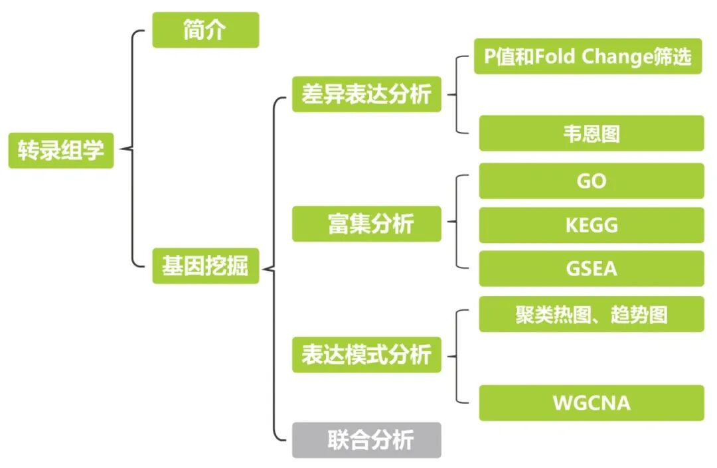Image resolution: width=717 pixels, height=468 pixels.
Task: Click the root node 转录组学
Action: coord(61,150)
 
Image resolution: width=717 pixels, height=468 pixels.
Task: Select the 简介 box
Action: coord(205,30)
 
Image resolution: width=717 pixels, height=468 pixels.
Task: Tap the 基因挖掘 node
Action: coord(205,266)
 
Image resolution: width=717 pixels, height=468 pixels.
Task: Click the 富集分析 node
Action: coord(366,224)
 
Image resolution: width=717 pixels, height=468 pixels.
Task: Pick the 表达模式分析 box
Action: coord(366,354)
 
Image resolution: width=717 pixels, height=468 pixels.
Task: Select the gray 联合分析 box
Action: coord(366,440)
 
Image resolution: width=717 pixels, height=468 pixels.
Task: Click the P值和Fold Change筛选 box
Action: coord(588,56)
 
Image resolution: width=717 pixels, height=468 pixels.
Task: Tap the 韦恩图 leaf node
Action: coord(591,133)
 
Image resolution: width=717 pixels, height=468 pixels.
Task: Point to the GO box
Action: coord(591,181)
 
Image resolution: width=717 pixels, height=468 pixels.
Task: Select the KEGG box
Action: coord(591,225)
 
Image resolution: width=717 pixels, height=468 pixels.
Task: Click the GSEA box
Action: coord(591,269)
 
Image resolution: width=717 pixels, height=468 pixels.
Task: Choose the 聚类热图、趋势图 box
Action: coord(591,314)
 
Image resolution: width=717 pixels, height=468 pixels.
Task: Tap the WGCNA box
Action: coord(591,403)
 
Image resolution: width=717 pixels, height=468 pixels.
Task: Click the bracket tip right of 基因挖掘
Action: coord(264,269)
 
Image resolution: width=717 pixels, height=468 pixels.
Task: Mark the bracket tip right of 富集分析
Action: coord(448,223)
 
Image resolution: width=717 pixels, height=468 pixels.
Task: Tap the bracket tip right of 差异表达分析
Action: coord(448,94)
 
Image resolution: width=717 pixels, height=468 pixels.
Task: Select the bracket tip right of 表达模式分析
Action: coord(448,356)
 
